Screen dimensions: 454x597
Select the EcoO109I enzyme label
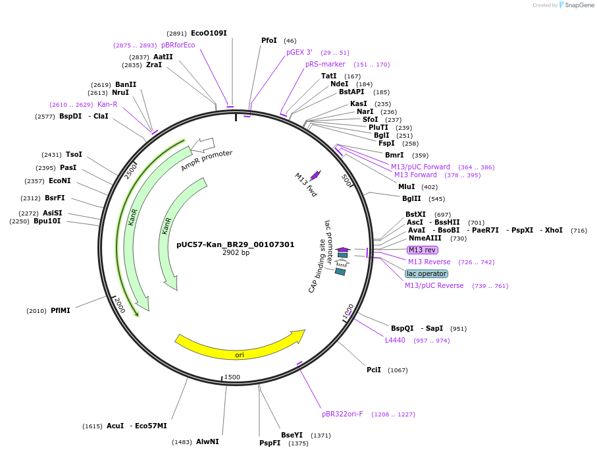[209, 33]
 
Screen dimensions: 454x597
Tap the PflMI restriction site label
[60, 310]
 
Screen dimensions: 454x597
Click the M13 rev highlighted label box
[422, 250]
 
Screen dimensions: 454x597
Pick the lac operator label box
[427, 273]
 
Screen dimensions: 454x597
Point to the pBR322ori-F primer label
[342, 414]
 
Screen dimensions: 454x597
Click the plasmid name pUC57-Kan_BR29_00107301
[236, 244]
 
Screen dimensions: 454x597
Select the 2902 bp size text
[236, 252]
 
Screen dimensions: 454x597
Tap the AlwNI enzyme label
[207, 441]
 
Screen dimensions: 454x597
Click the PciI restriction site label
[374, 370]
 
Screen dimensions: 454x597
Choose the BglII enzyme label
[411, 198]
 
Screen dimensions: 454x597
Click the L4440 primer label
[396, 340]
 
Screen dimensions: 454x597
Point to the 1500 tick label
[232, 377]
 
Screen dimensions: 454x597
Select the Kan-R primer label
[107, 104]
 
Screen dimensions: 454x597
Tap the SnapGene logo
[575, 5]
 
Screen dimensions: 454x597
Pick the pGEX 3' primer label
[299, 52]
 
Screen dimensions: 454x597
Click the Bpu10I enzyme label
[47, 221]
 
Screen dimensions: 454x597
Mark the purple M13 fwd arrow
[315, 175]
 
